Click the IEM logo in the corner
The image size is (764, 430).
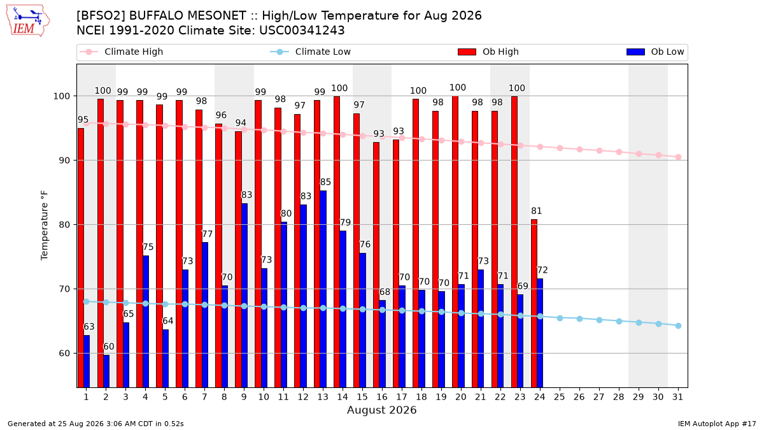(x=28, y=20)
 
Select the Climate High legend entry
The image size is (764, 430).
(x=121, y=52)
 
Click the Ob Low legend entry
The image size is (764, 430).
(x=655, y=52)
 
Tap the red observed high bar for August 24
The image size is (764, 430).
(x=534, y=303)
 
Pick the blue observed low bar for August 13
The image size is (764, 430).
(x=323, y=289)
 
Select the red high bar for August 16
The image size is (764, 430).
(x=376, y=265)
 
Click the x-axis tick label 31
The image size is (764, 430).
(x=677, y=398)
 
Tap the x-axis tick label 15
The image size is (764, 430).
(x=362, y=398)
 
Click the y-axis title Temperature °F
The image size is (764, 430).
(x=45, y=226)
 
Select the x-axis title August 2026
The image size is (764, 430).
(x=381, y=410)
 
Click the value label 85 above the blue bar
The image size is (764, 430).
(x=325, y=182)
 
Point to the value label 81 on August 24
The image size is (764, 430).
(x=537, y=211)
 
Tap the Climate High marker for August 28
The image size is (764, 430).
(x=619, y=152)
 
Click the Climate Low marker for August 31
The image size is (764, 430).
(x=679, y=326)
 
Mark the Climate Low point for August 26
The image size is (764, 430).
(x=579, y=319)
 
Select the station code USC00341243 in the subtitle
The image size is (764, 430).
(x=302, y=31)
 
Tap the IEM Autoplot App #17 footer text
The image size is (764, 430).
(x=717, y=424)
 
